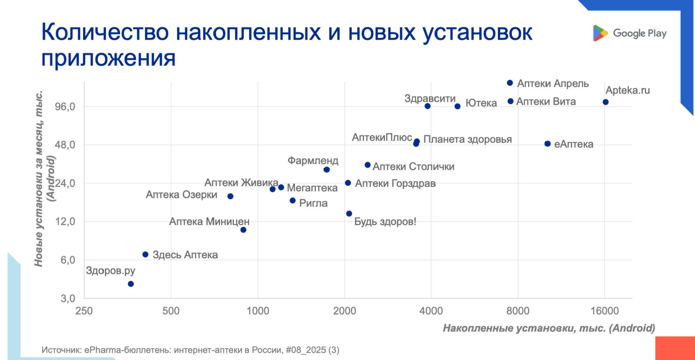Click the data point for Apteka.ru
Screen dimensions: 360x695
(x=606, y=102)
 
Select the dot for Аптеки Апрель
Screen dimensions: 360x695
(x=510, y=83)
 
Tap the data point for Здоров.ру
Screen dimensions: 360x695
(x=131, y=284)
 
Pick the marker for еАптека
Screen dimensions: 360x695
(x=548, y=144)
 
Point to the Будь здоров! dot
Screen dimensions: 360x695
(x=349, y=214)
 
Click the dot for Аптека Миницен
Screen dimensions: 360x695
(x=244, y=230)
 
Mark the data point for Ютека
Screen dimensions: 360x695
(x=457, y=107)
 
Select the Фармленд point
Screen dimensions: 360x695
(x=327, y=170)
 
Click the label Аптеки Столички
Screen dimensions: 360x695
(x=413, y=167)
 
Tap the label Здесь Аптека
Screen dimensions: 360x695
(x=185, y=255)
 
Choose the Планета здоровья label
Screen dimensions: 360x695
(x=468, y=140)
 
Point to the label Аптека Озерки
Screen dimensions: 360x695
(x=181, y=195)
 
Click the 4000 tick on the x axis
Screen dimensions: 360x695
(x=431, y=311)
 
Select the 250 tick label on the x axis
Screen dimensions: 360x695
(x=84, y=311)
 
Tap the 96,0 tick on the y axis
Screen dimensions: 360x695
(x=65, y=107)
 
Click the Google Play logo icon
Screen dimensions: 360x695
(x=600, y=33)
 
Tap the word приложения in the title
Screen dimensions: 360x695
(x=108, y=58)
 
